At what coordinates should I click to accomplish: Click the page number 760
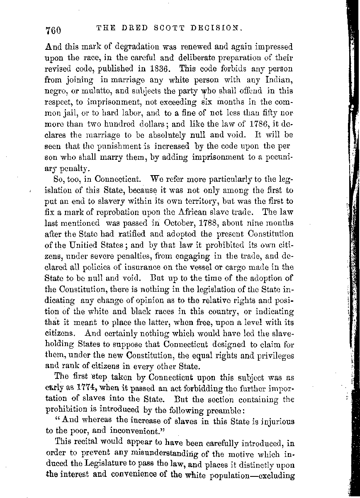tap(54, 30)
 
